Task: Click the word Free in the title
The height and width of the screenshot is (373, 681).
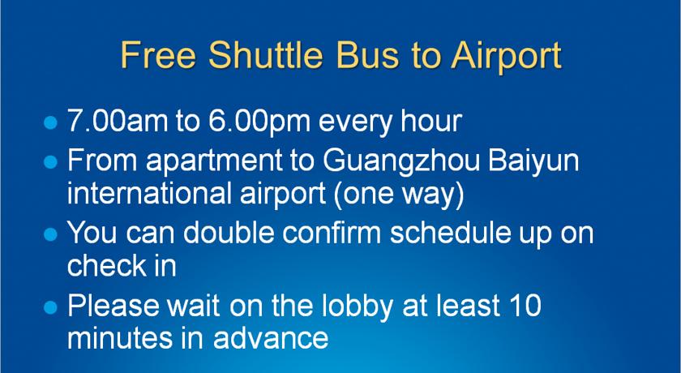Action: (x=158, y=54)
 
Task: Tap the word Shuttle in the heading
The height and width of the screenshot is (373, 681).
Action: (x=266, y=54)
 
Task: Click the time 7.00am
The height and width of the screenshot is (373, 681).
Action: (x=118, y=121)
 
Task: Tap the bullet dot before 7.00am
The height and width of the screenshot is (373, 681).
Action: (x=51, y=122)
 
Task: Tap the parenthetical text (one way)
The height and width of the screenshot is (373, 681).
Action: (x=399, y=195)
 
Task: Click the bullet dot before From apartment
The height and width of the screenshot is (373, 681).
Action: (x=51, y=162)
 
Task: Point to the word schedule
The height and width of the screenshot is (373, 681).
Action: (x=450, y=232)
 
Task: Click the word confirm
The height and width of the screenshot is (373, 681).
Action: (x=332, y=232)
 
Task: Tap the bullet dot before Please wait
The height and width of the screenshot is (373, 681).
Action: (x=51, y=308)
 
